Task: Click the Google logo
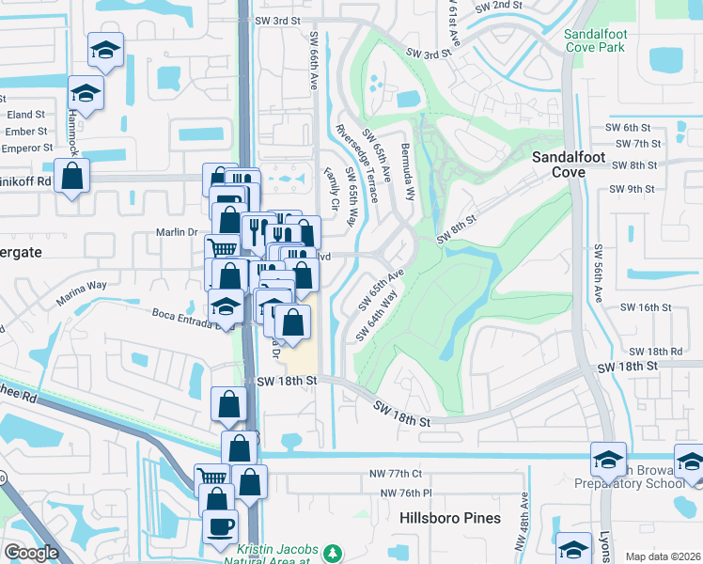[31, 553]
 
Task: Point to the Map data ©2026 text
[663, 556]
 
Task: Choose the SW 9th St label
[631, 189]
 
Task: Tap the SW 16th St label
[646, 307]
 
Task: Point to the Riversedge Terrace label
[356, 164]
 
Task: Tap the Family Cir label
[330, 188]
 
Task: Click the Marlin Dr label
[176, 232]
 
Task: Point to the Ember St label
[25, 132]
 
